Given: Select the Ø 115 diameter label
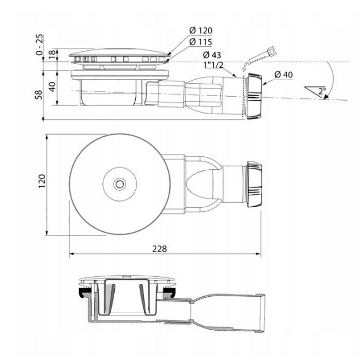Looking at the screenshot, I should pyautogui.click(x=201, y=42).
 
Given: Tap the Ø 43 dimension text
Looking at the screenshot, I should pyautogui.click(x=212, y=55).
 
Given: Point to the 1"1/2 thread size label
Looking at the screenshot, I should pyautogui.click(x=212, y=65).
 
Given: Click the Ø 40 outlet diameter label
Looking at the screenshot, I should pyautogui.click(x=283, y=75).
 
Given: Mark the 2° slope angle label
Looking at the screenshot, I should pyautogui.click(x=322, y=92).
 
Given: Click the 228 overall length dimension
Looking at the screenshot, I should pyautogui.click(x=159, y=248).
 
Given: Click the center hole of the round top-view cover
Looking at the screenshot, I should pyautogui.click(x=119, y=182).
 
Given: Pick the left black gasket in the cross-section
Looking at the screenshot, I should pyautogui.click(x=82, y=295).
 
